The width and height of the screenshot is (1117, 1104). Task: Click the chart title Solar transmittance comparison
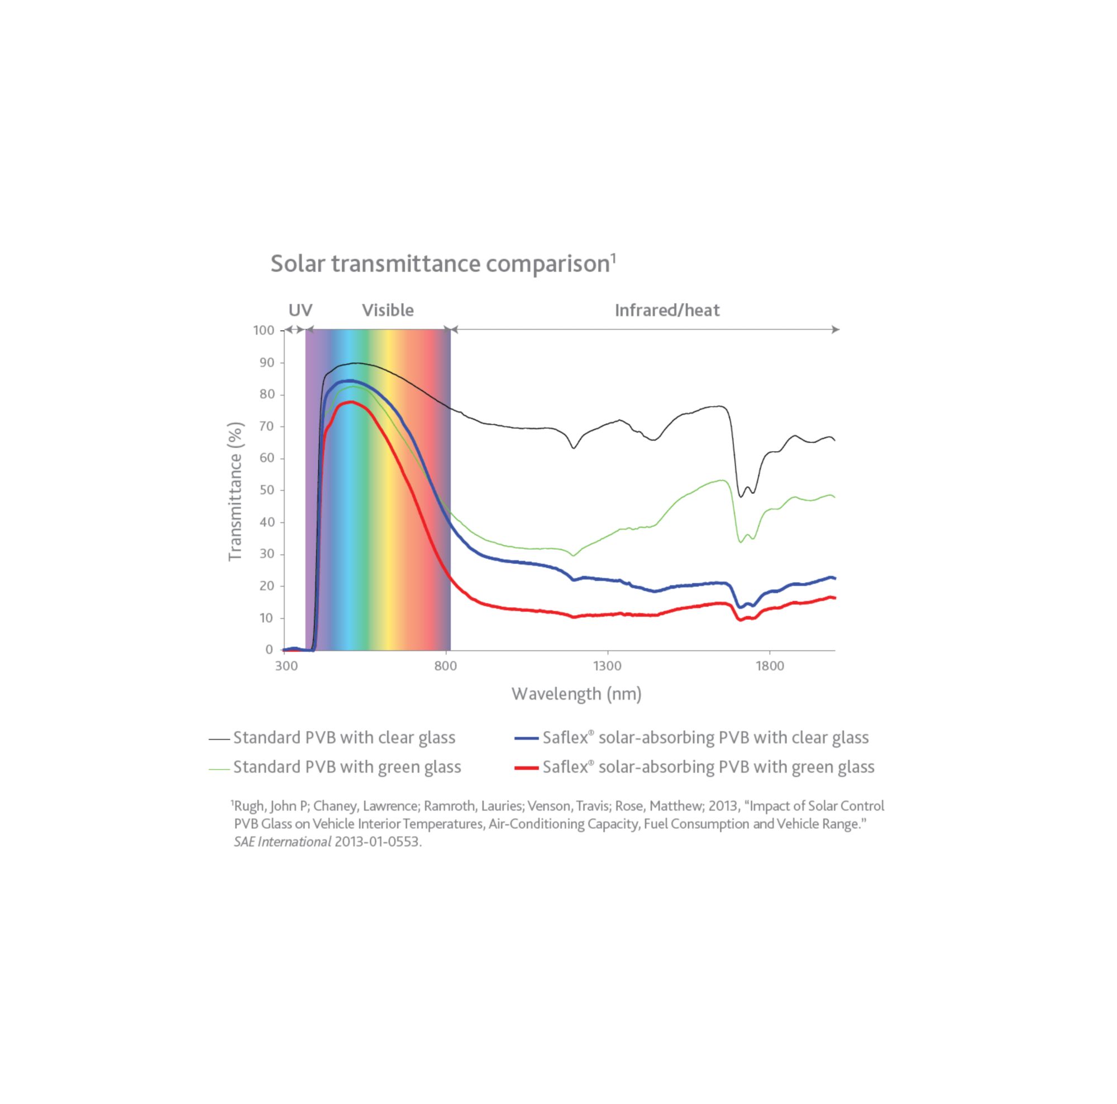(x=442, y=264)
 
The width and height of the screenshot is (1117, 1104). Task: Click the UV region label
(x=300, y=310)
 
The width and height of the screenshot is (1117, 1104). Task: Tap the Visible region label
(x=388, y=310)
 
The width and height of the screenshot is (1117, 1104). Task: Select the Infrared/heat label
(x=667, y=310)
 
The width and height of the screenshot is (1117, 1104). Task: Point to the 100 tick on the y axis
(x=263, y=330)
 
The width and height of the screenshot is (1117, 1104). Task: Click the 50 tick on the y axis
(x=266, y=490)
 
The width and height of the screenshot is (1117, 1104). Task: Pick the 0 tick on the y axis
(x=269, y=649)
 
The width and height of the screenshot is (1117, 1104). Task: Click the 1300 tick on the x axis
(x=607, y=666)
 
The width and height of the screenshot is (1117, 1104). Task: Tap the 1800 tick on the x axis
(x=770, y=666)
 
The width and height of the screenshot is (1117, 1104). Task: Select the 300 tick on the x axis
(x=286, y=666)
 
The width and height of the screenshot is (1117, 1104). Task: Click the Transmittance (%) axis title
(x=235, y=491)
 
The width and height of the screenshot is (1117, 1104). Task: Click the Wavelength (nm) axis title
(x=576, y=694)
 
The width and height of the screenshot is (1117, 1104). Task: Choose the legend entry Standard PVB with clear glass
(x=344, y=738)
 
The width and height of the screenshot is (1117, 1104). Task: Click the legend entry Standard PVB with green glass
(x=347, y=767)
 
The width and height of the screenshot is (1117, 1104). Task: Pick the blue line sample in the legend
(x=526, y=738)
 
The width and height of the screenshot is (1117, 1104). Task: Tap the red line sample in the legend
(x=526, y=768)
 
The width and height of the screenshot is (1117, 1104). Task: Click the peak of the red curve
(x=351, y=402)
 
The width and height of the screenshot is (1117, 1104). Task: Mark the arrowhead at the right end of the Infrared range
(x=835, y=330)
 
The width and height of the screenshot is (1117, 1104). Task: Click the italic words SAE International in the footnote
(x=282, y=842)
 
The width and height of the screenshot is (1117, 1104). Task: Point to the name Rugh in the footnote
(x=249, y=806)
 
